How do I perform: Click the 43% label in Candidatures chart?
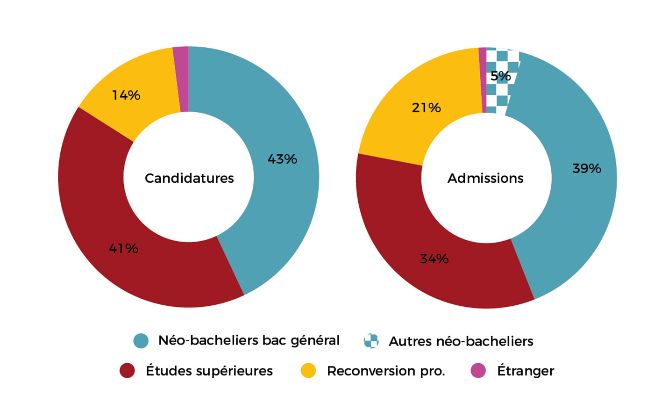coord(282,159)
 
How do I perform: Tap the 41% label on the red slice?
coord(123,249)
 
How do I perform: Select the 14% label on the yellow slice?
coord(126,95)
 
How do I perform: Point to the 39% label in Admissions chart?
coord(587,169)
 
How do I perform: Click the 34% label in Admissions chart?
coord(434,259)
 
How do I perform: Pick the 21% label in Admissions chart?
coord(426,108)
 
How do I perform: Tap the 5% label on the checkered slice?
coord(500,76)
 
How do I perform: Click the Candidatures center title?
coord(189,178)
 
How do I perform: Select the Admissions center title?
coord(485,179)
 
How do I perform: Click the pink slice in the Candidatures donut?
coord(182,79)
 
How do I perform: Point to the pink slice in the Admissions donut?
coord(483,79)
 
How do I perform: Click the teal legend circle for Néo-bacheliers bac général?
coord(141,341)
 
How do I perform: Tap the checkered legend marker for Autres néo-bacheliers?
coord(371,341)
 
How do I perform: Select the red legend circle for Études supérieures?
coord(127,371)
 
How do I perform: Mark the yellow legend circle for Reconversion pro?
coord(308,371)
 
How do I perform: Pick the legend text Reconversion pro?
coord(386,371)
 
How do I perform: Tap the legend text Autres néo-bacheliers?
coord(461,341)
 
